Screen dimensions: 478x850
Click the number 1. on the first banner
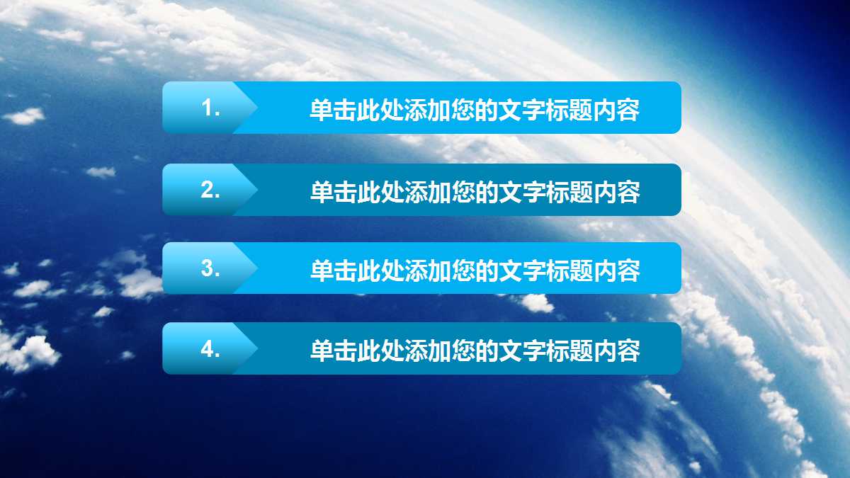click(211, 108)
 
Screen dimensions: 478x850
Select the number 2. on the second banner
click(211, 190)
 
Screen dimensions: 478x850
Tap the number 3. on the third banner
click(211, 268)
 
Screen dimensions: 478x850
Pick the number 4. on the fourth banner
click(211, 349)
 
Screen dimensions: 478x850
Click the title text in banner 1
click(475, 110)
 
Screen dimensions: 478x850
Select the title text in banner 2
click(475, 192)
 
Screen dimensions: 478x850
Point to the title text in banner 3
click(475, 271)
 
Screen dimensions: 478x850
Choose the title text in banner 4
click(475, 351)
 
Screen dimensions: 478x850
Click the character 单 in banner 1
click(322, 110)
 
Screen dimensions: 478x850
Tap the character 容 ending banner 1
click(628, 110)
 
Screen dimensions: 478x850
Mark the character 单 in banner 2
click(322, 192)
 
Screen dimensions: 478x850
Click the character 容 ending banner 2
click(628, 192)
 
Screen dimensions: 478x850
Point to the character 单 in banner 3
click(322, 271)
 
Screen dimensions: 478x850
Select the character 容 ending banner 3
click(628, 271)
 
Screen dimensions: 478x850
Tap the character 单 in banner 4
click(322, 351)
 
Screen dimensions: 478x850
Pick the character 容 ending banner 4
click(628, 351)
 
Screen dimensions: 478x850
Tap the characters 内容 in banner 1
click(617, 110)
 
